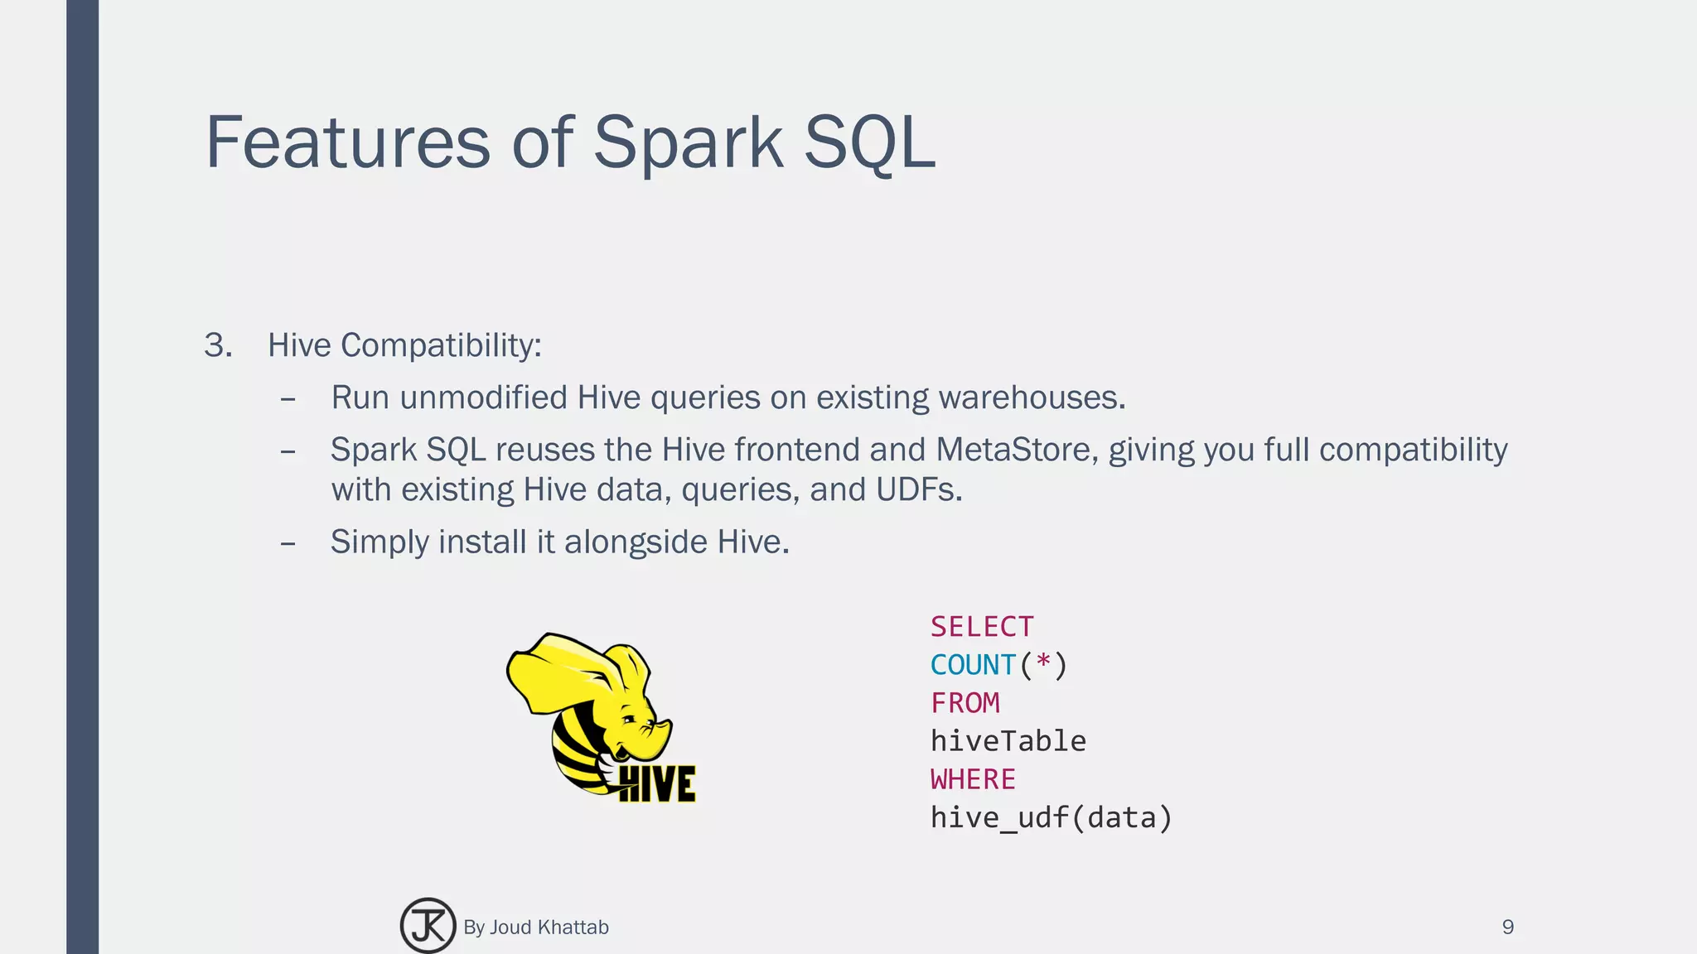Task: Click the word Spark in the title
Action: click(x=688, y=142)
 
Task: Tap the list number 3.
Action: click(x=217, y=345)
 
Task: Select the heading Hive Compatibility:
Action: click(x=404, y=345)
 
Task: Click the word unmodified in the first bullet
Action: click(x=483, y=397)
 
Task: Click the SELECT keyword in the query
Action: click(x=982, y=627)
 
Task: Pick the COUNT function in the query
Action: click(x=973, y=665)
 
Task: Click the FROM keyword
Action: click(x=965, y=703)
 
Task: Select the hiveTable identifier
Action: click(x=1008, y=741)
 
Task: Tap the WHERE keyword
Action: click(x=973, y=779)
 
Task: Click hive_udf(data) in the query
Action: click(x=1051, y=817)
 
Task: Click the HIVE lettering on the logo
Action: click(x=657, y=783)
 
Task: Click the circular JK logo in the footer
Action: click(x=428, y=926)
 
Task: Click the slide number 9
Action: click(x=1507, y=927)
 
